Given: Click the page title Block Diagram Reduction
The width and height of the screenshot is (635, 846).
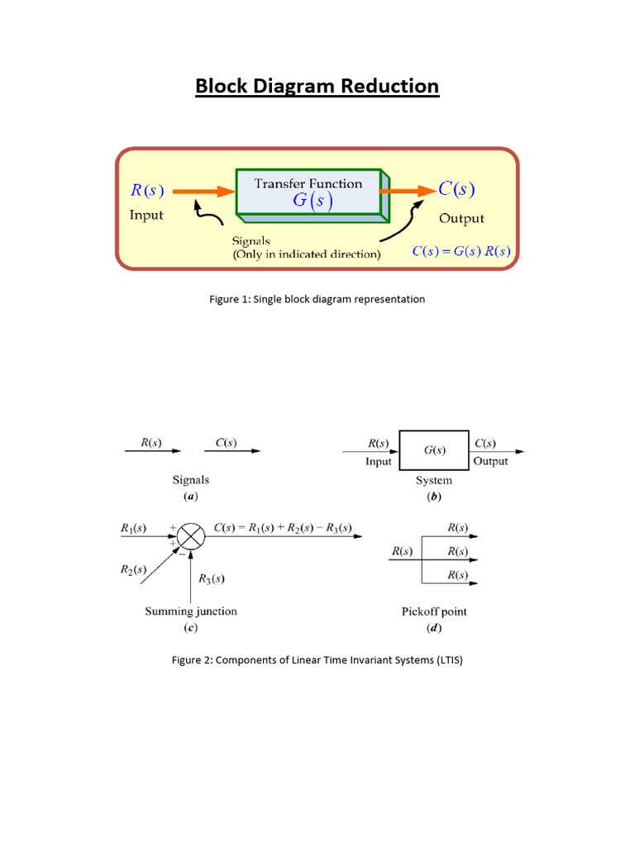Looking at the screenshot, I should click(317, 87).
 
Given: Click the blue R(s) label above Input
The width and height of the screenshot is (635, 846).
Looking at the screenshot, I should click(147, 191).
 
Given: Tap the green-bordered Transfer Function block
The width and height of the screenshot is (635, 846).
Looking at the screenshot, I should click(308, 192).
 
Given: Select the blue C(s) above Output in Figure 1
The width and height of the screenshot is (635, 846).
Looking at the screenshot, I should click(456, 189).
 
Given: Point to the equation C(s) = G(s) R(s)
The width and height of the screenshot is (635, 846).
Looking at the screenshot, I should click(461, 251).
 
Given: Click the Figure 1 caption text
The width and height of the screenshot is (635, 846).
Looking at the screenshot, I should click(317, 299).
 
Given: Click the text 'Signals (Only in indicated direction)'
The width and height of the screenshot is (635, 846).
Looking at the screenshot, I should click(307, 248).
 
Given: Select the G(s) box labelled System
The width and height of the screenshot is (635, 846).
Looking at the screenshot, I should click(434, 450).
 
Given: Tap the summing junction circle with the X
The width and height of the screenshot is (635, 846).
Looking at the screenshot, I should click(191, 537).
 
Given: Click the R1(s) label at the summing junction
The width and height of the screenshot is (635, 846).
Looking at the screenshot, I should click(133, 527).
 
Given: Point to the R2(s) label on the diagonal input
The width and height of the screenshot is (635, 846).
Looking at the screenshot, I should click(133, 569).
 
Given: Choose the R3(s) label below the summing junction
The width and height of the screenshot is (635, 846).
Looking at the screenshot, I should click(211, 578).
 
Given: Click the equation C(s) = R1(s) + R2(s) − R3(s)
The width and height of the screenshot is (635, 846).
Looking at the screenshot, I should click(282, 527).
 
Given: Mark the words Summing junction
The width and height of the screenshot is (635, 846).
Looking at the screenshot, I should click(191, 611).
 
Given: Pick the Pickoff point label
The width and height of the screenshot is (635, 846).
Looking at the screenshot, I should click(434, 611).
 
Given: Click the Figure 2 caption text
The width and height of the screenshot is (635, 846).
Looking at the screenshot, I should click(317, 660).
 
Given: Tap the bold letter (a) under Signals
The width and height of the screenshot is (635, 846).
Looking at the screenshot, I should click(190, 497).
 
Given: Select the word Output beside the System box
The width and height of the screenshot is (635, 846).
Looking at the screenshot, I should click(491, 461).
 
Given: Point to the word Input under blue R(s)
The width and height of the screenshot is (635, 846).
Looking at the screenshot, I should click(146, 215).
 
